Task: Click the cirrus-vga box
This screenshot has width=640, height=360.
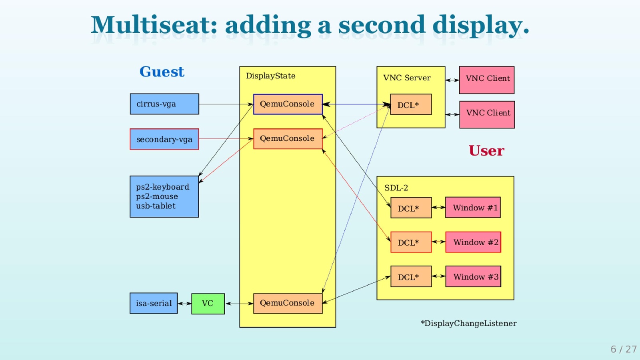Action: pos(164,104)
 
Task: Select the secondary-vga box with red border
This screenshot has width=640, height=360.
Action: pos(164,139)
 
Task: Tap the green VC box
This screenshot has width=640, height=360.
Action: pos(208,304)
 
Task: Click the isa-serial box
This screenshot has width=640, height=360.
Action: pos(154,303)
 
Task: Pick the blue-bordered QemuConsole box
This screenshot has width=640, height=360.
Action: pos(288,104)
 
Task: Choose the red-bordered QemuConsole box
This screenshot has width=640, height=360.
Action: pos(288,138)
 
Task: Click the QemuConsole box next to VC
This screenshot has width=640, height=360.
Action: pos(288,303)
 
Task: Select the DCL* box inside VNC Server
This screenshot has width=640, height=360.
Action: pos(411,104)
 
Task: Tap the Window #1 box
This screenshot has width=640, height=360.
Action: pos(473,208)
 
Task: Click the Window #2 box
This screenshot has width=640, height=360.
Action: pos(473,242)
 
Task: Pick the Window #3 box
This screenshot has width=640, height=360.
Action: pos(473,277)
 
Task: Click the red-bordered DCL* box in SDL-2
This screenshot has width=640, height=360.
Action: pos(411,242)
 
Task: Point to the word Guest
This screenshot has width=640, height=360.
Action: pos(162,72)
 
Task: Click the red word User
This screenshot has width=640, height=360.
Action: pos(486,151)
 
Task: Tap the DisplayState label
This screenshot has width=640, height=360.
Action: pos(270,76)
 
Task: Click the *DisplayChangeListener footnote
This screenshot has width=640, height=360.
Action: pos(468,323)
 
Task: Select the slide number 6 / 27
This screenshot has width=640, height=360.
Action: pos(623,349)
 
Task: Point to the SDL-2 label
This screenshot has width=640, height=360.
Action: pos(396,188)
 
